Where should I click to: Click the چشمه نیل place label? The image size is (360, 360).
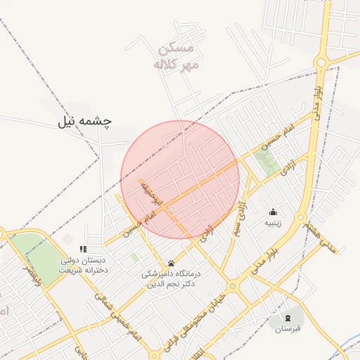click(85, 122)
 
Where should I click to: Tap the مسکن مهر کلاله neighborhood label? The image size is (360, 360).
click(177, 57)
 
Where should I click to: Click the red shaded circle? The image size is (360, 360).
click(180, 179)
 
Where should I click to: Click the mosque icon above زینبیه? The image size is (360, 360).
click(273, 212)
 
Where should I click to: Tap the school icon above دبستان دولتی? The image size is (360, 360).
click(83, 249)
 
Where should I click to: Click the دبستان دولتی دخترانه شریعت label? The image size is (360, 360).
click(83, 265)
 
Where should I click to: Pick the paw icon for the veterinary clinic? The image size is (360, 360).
click(171, 262)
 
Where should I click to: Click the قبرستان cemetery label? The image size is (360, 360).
click(288, 328)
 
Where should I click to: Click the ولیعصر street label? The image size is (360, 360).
click(32, 276)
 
